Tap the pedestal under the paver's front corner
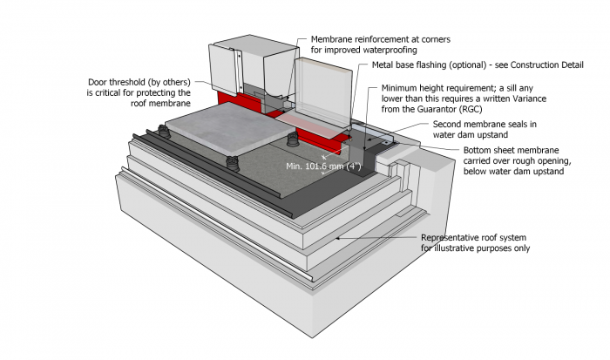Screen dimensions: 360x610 [233, 163]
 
